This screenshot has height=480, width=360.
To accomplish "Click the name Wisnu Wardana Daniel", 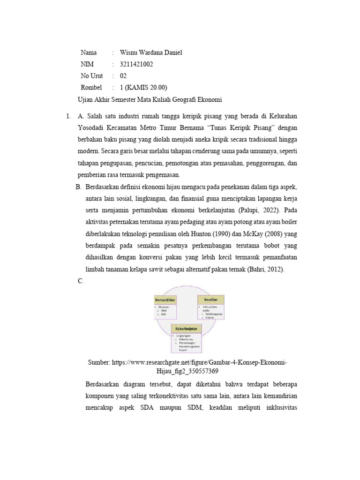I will point(151,52).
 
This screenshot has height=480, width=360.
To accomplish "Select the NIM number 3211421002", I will point(136,64).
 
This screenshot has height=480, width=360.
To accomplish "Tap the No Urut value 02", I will point(123,76).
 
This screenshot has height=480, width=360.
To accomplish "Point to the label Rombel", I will point(91,88).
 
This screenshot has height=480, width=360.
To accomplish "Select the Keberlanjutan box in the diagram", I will point(188,329).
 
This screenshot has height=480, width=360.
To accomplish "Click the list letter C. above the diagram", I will point(79,280).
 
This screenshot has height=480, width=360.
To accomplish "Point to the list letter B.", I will point(78,187).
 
